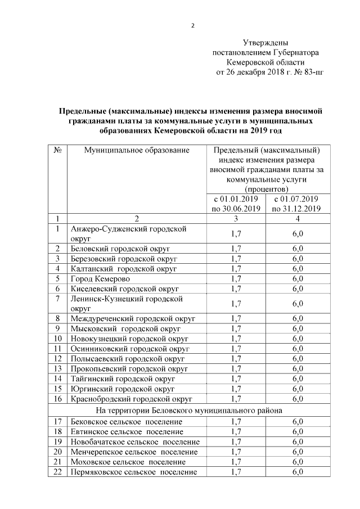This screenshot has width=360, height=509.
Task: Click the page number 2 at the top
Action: pos(192,25)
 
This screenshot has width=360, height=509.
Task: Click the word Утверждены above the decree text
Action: pos(265,42)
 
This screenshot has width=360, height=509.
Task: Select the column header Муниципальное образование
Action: pos(137,150)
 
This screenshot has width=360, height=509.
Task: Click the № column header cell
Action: pos(57,150)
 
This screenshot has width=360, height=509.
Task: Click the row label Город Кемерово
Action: pos(100,279)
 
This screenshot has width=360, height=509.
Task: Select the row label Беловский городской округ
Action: pos(120,249)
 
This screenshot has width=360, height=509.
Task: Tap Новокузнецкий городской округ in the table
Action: pos(129,339)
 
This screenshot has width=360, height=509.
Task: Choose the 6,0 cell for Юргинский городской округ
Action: pos(298,389)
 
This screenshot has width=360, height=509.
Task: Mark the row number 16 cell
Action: pos(57,399)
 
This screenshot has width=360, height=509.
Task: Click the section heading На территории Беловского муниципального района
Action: pos(190,410)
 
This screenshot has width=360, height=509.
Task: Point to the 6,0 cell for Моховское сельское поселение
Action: pos(298,462)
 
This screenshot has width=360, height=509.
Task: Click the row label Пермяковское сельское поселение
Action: pos(134,472)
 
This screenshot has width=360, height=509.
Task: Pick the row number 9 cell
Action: pos(57,328)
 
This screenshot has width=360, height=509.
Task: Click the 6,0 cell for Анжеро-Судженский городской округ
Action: pos(298,233)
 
